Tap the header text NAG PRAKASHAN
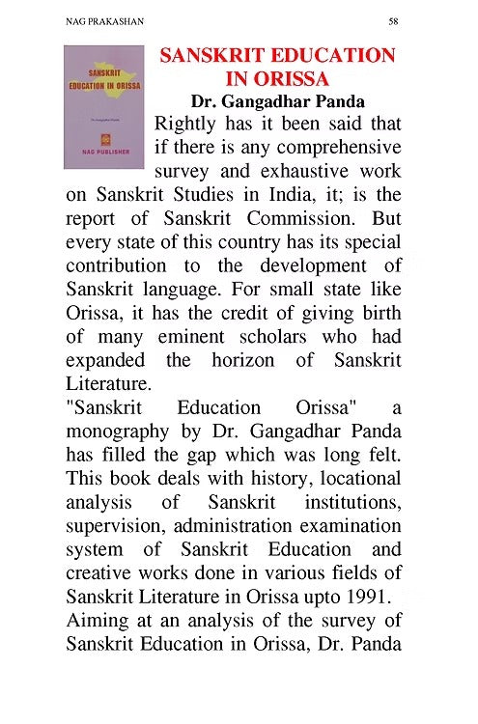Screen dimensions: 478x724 tap(98, 19)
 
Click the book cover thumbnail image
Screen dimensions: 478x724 tap(103, 107)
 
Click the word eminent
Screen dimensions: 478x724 tap(209, 335)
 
